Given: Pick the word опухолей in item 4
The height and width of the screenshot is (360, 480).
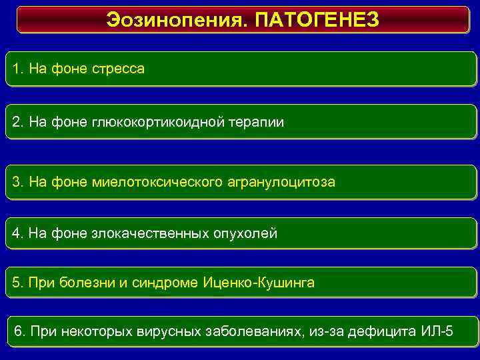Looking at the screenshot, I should (x=245, y=234).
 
